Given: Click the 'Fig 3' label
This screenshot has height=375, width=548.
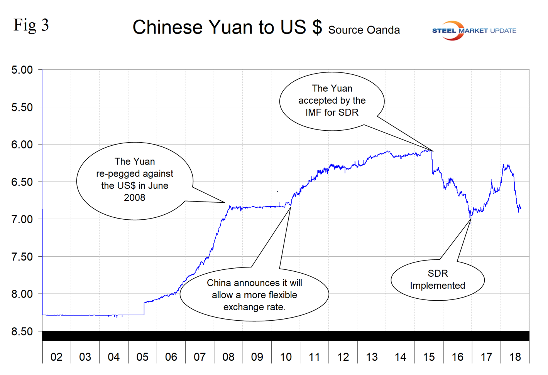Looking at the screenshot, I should tap(31, 25).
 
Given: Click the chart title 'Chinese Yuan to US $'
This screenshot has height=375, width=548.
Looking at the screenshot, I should tap(227, 27).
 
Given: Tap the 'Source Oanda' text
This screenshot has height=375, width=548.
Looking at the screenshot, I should tap(364, 30).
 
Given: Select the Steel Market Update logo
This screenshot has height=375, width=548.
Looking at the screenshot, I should tap(474, 30).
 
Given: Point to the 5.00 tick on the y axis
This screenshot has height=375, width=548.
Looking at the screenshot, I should tap(22, 70).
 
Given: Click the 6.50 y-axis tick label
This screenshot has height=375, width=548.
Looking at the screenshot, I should tap(22, 182).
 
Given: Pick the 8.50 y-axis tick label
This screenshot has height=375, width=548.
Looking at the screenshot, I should tap(22, 331).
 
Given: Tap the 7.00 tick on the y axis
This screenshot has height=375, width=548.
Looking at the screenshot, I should tap(22, 219).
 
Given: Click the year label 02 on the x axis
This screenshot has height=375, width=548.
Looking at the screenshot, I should tap(56, 357).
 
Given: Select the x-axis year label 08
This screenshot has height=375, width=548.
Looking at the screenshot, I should tap(228, 357).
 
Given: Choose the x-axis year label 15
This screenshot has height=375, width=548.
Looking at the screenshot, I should tap(429, 357).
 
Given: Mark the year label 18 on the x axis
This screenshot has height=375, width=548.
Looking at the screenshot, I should tap(515, 357).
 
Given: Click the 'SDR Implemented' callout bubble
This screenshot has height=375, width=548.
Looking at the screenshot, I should tap(438, 279).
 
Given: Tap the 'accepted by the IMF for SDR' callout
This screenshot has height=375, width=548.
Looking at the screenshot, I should tap(332, 101).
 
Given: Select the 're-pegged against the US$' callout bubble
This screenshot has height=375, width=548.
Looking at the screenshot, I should tap(135, 180).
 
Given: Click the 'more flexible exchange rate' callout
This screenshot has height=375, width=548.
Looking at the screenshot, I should tap(254, 295).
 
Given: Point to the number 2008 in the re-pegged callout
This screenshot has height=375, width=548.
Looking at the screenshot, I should tap(135, 198).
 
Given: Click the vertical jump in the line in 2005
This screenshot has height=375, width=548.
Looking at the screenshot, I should tap(144, 309).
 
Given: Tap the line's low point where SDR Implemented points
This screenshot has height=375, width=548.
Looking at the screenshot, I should tap(470, 218).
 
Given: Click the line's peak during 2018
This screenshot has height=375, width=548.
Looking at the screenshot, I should tap(504, 165).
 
